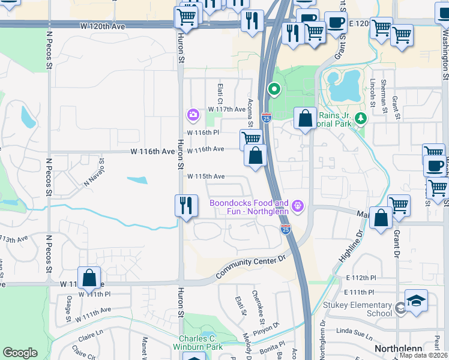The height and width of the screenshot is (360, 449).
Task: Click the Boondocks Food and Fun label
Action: click(x=249, y=208)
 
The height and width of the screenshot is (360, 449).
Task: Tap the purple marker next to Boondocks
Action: click(x=297, y=208)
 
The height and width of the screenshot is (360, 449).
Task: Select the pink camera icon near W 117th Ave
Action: click(x=193, y=114)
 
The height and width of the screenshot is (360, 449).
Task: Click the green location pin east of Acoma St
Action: click(x=274, y=90)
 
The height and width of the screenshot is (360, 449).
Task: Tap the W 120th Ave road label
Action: click(x=102, y=27)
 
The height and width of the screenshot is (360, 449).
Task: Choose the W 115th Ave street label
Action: click(x=205, y=176)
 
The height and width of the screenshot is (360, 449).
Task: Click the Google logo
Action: click(x=20, y=353)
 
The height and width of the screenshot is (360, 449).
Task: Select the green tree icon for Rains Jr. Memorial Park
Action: click(x=360, y=118)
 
